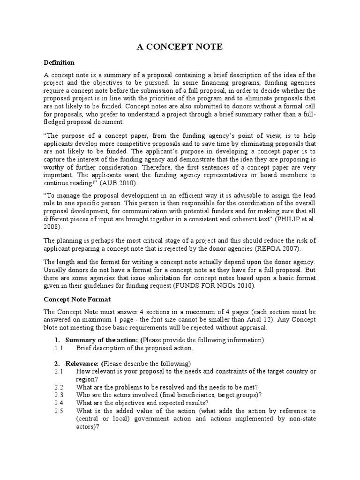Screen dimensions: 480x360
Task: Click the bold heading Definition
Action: click(59, 62)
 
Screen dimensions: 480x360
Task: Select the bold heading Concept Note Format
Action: click(77, 299)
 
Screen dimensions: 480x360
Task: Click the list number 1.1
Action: click(59, 348)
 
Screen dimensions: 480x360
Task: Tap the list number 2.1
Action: click(59, 371)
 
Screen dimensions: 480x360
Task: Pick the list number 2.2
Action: click(59, 387)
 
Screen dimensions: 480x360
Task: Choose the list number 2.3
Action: click(59, 395)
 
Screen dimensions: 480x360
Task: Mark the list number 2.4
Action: click(59, 403)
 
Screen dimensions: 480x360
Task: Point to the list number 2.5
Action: click(59, 411)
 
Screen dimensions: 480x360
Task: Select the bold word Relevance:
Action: click(82, 363)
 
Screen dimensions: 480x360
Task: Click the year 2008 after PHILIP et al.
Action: click(52, 226)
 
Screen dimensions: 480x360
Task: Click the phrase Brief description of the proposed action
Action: click(135, 348)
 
